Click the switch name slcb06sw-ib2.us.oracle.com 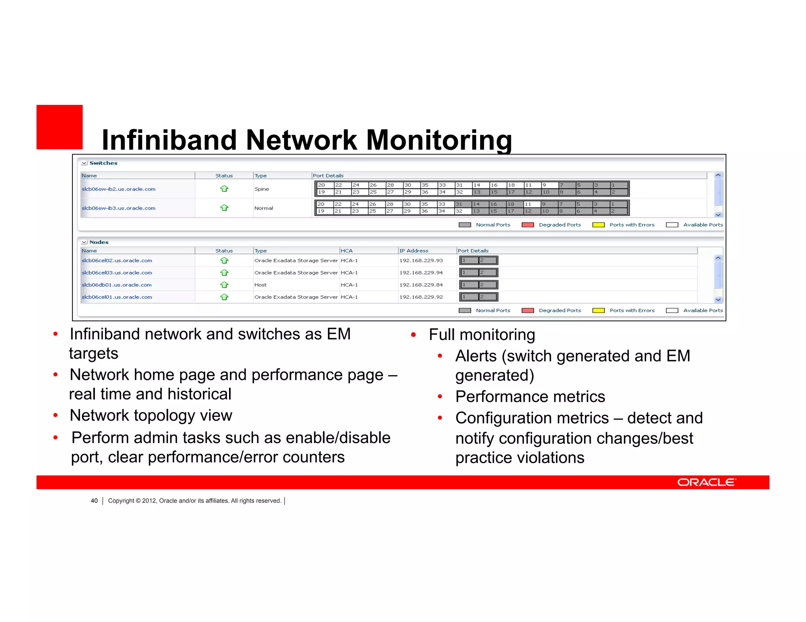118,189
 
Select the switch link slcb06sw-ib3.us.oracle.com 118,208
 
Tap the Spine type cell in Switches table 262,189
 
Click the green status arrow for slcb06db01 224,285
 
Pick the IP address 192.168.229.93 421,260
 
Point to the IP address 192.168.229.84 421,285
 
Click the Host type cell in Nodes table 261,285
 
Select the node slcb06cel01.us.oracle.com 117,297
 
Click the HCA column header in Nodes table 347,251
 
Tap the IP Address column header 414,251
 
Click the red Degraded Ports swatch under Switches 528,225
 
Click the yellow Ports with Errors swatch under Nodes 598,311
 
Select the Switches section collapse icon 84,163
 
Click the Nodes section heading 99,242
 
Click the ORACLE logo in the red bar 706,482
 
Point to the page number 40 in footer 94,501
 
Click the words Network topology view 151,416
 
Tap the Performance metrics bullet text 530,396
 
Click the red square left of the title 59,127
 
